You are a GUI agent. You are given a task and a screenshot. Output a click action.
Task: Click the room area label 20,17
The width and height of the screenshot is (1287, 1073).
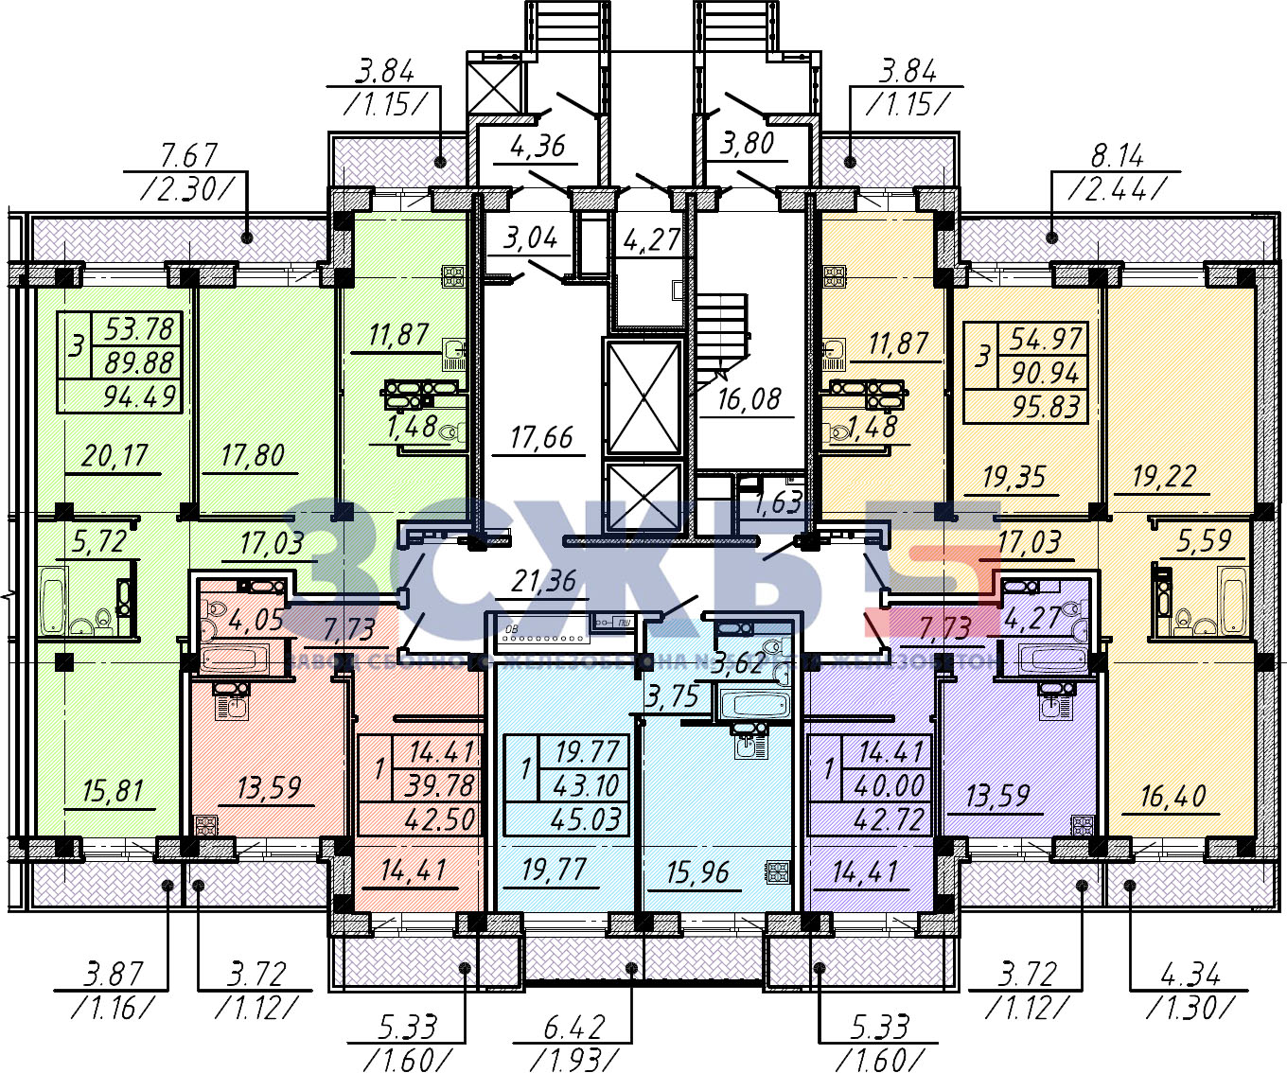(x=115, y=456)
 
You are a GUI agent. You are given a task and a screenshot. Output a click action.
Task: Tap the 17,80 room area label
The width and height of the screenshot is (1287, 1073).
(x=252, y=456)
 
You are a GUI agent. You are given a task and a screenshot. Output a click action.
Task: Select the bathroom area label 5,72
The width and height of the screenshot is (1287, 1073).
(x=98, y=541)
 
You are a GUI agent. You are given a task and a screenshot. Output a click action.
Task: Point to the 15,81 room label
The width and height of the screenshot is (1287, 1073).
(x=112, y=790)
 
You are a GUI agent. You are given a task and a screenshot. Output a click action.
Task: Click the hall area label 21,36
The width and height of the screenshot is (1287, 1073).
(x=543, y=581)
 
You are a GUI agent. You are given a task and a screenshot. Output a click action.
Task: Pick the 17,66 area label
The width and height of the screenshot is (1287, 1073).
(x=540, y=437)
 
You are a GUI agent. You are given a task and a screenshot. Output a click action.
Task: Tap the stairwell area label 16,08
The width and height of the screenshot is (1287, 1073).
(x=749, y=398)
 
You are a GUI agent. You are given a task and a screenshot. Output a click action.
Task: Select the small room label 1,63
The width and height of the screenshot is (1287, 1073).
(x=778, y=502)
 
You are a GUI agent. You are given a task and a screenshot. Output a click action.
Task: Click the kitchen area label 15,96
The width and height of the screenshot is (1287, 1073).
(x=697, y=871)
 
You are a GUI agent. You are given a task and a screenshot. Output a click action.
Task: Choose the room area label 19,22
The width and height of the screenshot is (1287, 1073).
(x=1164, y=476)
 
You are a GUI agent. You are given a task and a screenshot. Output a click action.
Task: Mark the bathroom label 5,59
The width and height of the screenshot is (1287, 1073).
(x=1204, y=540)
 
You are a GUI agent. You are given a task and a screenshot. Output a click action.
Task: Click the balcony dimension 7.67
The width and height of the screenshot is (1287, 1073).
(x=189, y=154)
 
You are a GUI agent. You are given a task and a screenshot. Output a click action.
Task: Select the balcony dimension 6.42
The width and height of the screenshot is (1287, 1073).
(x=573, y=1027)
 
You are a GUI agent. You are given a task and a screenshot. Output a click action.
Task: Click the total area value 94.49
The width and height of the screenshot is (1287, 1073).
(x=140, y=396)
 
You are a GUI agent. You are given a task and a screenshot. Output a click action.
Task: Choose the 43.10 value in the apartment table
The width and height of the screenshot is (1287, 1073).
(x=587, y=785)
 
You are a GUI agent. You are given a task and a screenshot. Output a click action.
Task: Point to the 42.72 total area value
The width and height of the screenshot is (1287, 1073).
(x=888, y=818)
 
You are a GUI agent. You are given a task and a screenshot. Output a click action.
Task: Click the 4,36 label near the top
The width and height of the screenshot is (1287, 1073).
(x=537, y=145)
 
